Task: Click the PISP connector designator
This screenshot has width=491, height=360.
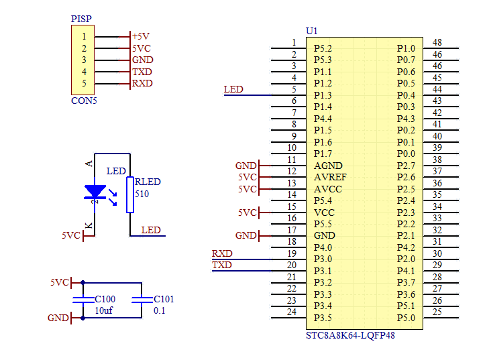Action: [81, 19]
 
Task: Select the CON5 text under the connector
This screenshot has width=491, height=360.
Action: [84, 101]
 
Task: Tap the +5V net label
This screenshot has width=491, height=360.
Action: [141, 36]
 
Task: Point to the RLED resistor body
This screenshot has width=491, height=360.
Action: [130, 194]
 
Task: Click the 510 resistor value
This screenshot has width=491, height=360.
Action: [142, 194]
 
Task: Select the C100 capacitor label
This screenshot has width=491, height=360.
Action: [105, 299]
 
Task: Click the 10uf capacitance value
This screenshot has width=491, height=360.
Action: [104, 310]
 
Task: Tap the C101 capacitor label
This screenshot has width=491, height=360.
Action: [164, 299]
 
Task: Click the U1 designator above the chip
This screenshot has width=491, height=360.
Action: [312, 31]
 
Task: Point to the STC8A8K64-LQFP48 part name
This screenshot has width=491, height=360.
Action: [350, 335]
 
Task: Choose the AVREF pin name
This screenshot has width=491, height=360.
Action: [330, 177]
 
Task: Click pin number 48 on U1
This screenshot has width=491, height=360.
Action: [437, 42]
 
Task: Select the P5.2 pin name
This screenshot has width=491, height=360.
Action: [323, 48]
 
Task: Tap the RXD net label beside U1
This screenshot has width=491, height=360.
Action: [222, 253]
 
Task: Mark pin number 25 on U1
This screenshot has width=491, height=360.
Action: [437, 312]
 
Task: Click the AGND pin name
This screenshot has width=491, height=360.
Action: [328, 166]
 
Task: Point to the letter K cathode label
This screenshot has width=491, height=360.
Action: [89, 225]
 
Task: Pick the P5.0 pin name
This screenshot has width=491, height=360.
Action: [406, 318]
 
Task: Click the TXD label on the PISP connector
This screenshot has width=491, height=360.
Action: [142, 72]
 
